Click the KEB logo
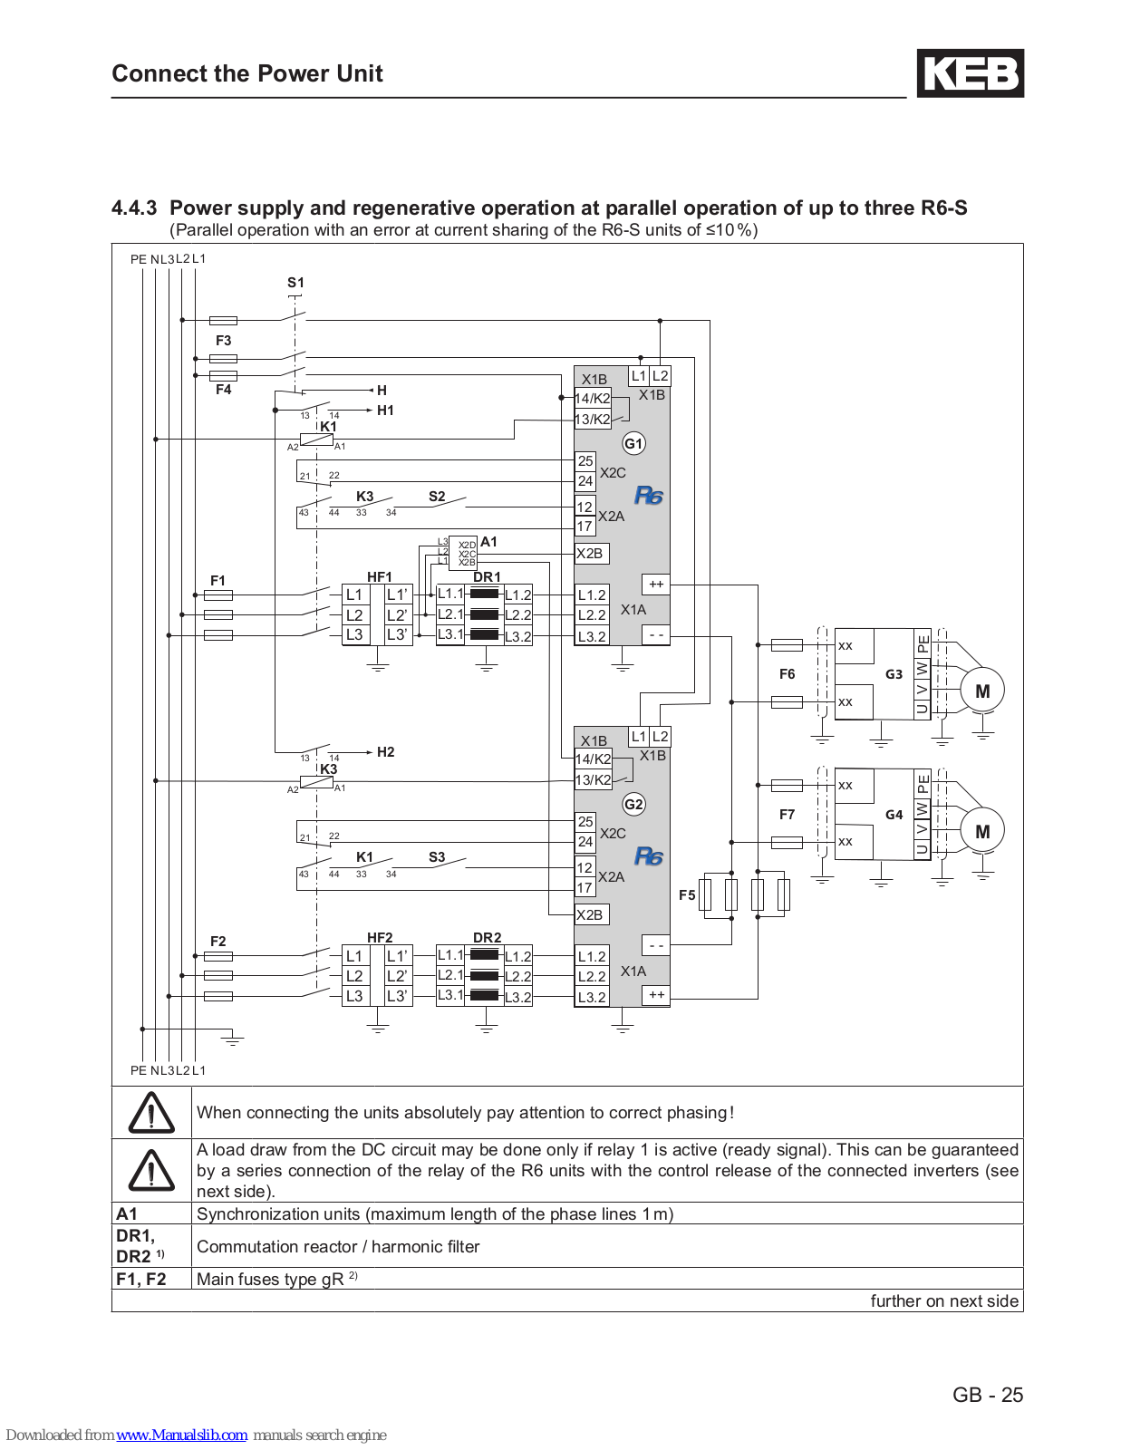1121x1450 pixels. click(x=971, y=73)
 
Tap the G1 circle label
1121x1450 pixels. click(x=633, y=444)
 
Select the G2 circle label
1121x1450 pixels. click(x=633, y=804)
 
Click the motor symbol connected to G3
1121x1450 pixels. click(x=982, y=690)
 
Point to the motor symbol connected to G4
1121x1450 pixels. click(x=982, y=831)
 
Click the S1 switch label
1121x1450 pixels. click(x=295, y=283)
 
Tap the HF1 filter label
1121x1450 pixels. click(x=379, y=576)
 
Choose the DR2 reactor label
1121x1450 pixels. click(x=488, y=938)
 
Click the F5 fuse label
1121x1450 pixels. click(x=687, y=894)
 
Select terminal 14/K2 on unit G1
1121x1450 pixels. click(x=593, y=399)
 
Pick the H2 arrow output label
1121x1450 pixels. click(x=386, y=752)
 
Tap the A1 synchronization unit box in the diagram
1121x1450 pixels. click(x=463, y=553)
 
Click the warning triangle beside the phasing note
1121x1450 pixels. click(x=151, y=1112)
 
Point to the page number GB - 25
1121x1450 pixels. click(x=988, y=1395)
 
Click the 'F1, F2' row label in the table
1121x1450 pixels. click(x=140, y=1279)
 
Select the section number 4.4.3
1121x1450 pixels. click(x=134, y=208)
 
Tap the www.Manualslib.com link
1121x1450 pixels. click(x=181, y=1435)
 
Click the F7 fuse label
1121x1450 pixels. click(x=788, y=815)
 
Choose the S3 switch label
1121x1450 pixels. click(x=437, y=856)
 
